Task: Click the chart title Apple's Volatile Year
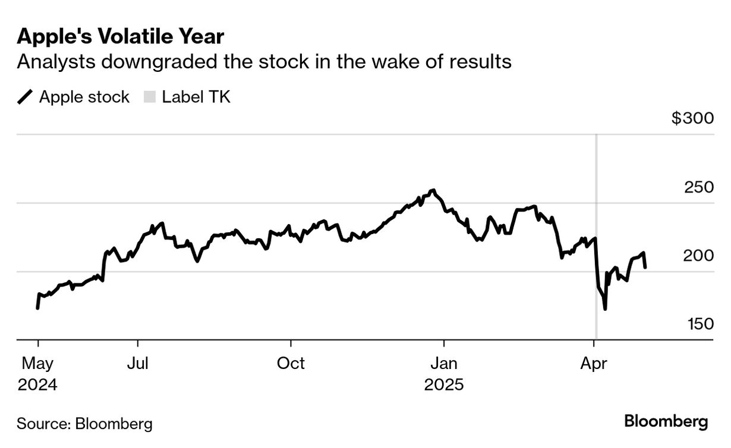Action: (121, 37)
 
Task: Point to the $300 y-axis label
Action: (692, 118)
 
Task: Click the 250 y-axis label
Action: (699, 187)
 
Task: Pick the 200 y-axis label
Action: (699, 255)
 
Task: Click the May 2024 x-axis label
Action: (37, 373)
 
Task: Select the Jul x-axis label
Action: (138, 363)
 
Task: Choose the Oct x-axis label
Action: (291, 363)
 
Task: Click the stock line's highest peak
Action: (434, 190)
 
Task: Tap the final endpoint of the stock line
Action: (645, 267)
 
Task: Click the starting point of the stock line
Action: (37, 308)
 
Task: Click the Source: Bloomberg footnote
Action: (84, 424)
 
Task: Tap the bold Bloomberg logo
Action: (666, 422)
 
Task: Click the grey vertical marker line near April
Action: (596, 178)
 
